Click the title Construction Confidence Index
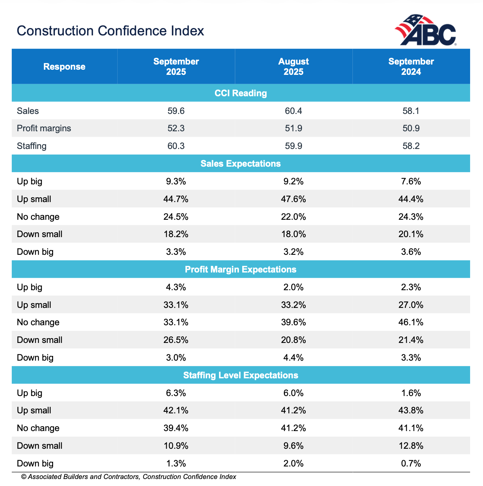[110, 31]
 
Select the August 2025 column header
[293, 67]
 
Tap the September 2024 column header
[411, 67]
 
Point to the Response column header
[65, 67]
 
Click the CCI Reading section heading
[241, 93]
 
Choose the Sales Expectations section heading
[241, 164]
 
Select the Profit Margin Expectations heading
[241, 270]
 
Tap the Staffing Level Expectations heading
[241, 375]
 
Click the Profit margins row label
[44, 128]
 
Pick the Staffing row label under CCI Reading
[32, 146]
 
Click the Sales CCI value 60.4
[293, 111]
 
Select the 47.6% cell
[293, 199]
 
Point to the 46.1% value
[411, 322]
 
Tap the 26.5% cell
[176, 340]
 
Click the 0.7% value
[411, 464]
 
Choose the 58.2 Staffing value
[411, 146]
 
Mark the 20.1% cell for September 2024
[411, 234]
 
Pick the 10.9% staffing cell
[176, 446]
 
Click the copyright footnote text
[128, 477]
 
